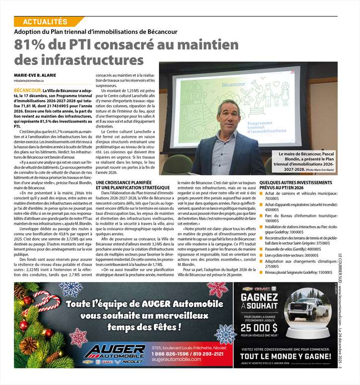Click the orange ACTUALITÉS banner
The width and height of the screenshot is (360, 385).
click(x=45, y=21)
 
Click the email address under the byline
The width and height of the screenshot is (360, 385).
click(x=29, y=80)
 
